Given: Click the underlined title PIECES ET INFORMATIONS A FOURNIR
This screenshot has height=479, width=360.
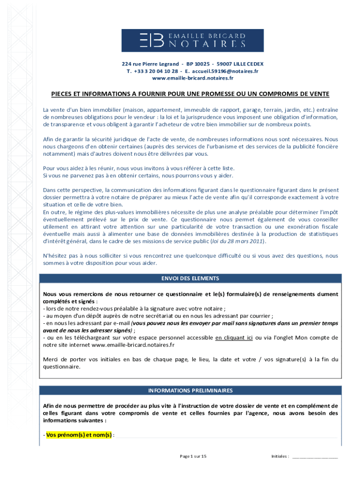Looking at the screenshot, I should tap(190, 94).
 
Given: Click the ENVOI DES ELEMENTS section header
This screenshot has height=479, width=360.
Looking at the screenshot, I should tap(190, 278).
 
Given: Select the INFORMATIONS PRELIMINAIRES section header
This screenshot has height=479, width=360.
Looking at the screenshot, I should tap(190, 390).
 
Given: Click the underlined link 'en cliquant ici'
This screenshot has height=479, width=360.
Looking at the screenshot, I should tap(234, 337).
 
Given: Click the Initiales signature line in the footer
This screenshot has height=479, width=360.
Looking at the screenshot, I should tap(315, 457).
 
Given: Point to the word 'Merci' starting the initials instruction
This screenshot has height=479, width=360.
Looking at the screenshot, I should tap(50, 359).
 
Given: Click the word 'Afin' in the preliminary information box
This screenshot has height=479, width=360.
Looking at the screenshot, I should tap(49, 406).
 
